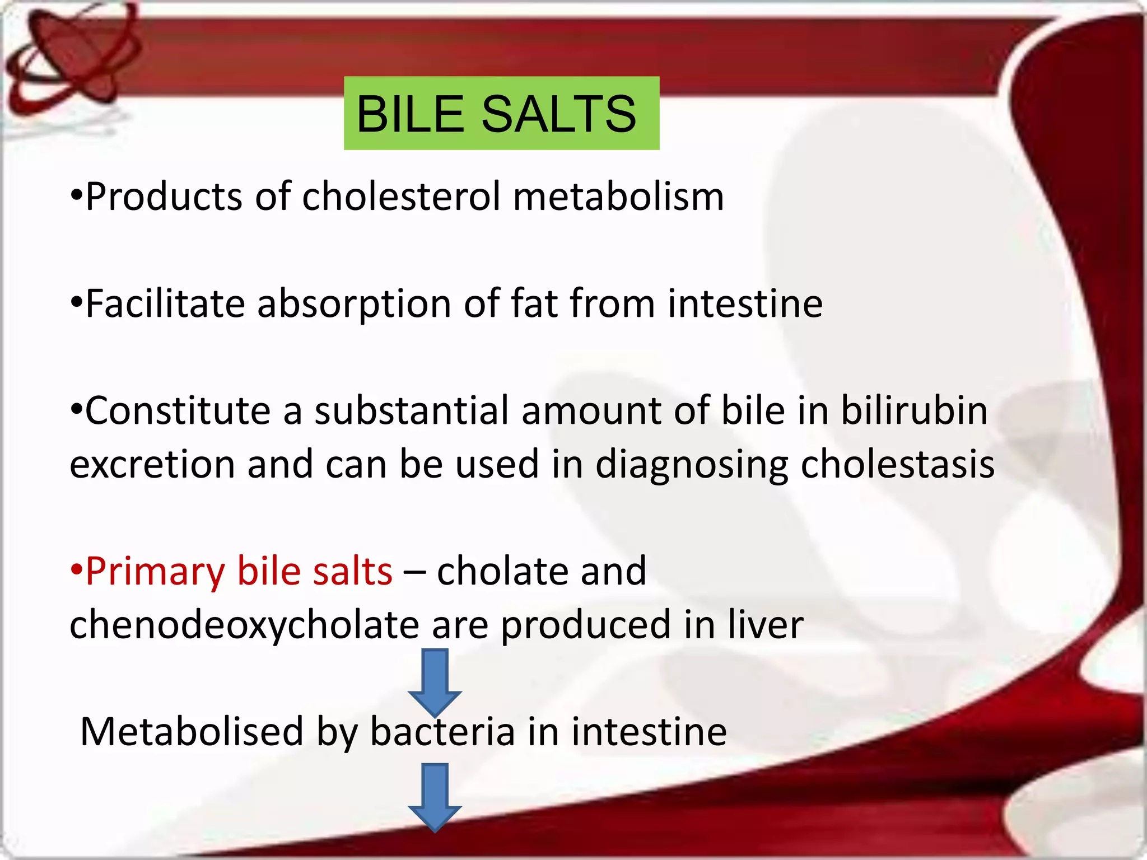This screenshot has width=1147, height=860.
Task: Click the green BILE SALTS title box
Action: (x=501, y=113)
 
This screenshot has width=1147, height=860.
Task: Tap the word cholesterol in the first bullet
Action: (x=401, y=197)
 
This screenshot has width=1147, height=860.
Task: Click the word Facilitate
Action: (x=165, y=304)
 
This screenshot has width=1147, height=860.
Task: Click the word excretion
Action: (x=152, y=465)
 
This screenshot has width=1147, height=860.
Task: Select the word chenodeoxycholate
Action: (x=244, y=625)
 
